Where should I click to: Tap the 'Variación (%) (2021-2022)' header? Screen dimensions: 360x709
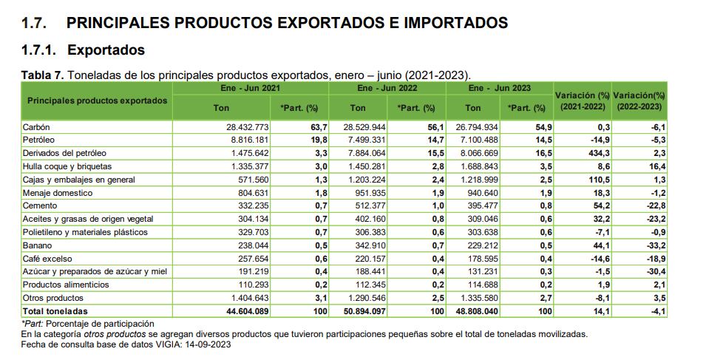pyautogui.click(x=582, y=101)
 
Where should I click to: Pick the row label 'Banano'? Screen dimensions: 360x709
pyautogui.click(x=37, y=245)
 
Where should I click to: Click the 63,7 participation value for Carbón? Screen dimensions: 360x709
pyautogui.click(x=318, y=127)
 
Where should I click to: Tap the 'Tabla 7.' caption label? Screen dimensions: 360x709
pyautogui.click(x=43, y=75)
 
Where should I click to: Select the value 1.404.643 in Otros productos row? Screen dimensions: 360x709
pyautogui.click(x=250, y=298)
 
